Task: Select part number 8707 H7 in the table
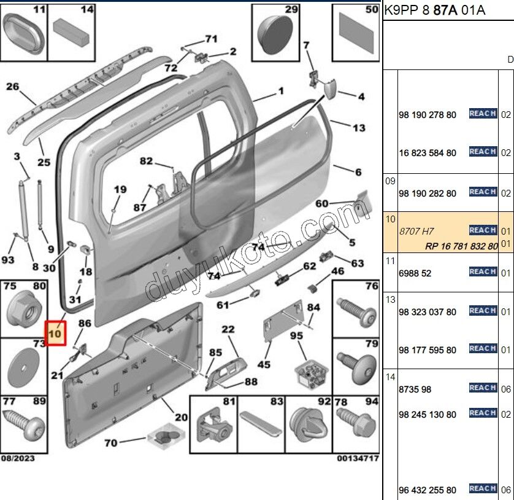point(416,231)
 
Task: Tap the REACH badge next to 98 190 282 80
point(482,192)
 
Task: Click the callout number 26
point(13,87)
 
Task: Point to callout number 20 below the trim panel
point(180,417)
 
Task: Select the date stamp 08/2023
point(18,458)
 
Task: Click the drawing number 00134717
point(357,458)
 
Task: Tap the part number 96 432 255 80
point(427,490)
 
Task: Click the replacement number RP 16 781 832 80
point(461,246)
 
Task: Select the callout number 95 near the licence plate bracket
point(296,335)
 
